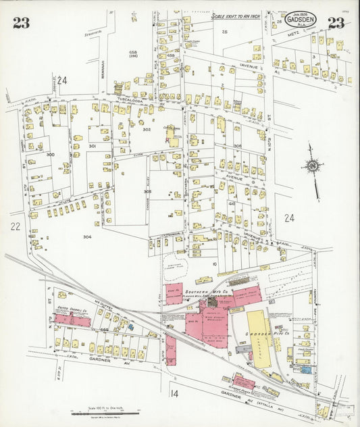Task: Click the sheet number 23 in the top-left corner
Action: (x=20, y=24)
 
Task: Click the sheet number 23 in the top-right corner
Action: (x=336, y=23)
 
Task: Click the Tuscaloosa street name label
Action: (x=132, y=99)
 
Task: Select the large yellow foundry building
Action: (x=258, y=338)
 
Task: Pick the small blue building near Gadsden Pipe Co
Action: (x=306, y=370)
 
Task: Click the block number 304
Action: (x=87, y=236)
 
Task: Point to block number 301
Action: (x=93, y=146)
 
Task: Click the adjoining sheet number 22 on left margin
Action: (x=16, y=227)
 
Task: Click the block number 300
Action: (x=49, y=155)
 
